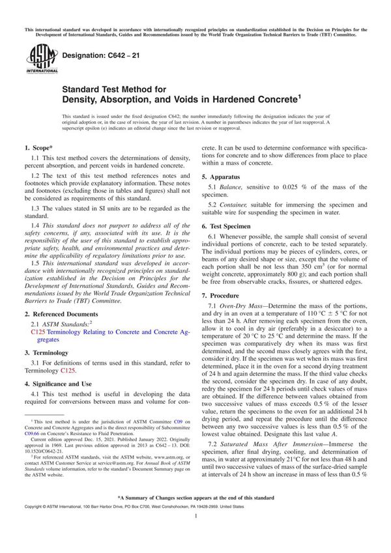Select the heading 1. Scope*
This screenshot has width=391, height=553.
point(40,149)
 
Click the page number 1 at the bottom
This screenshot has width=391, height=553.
point(195,534)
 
